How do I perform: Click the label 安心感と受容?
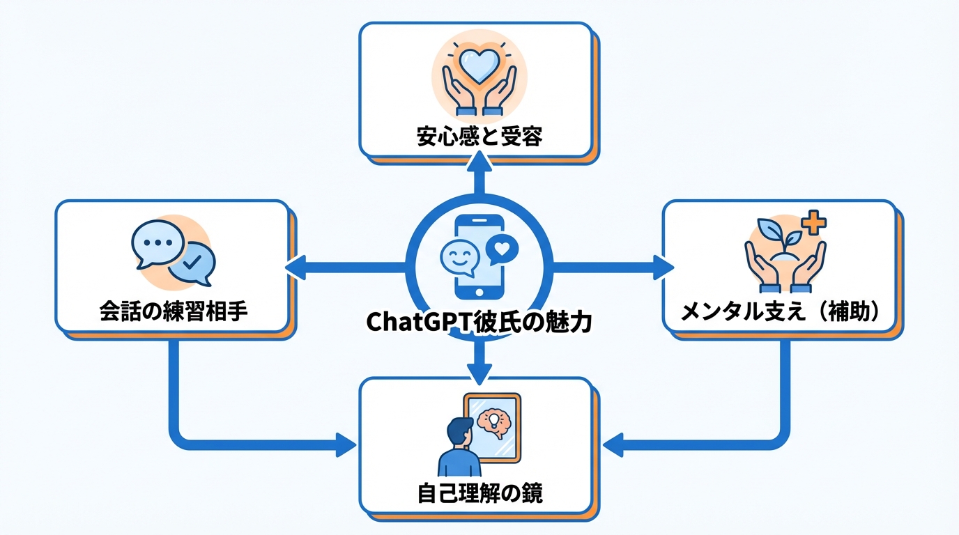(479, 137)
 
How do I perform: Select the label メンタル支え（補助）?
(778, 312)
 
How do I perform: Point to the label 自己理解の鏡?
(479, 493)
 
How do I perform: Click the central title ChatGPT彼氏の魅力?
(479, 322)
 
